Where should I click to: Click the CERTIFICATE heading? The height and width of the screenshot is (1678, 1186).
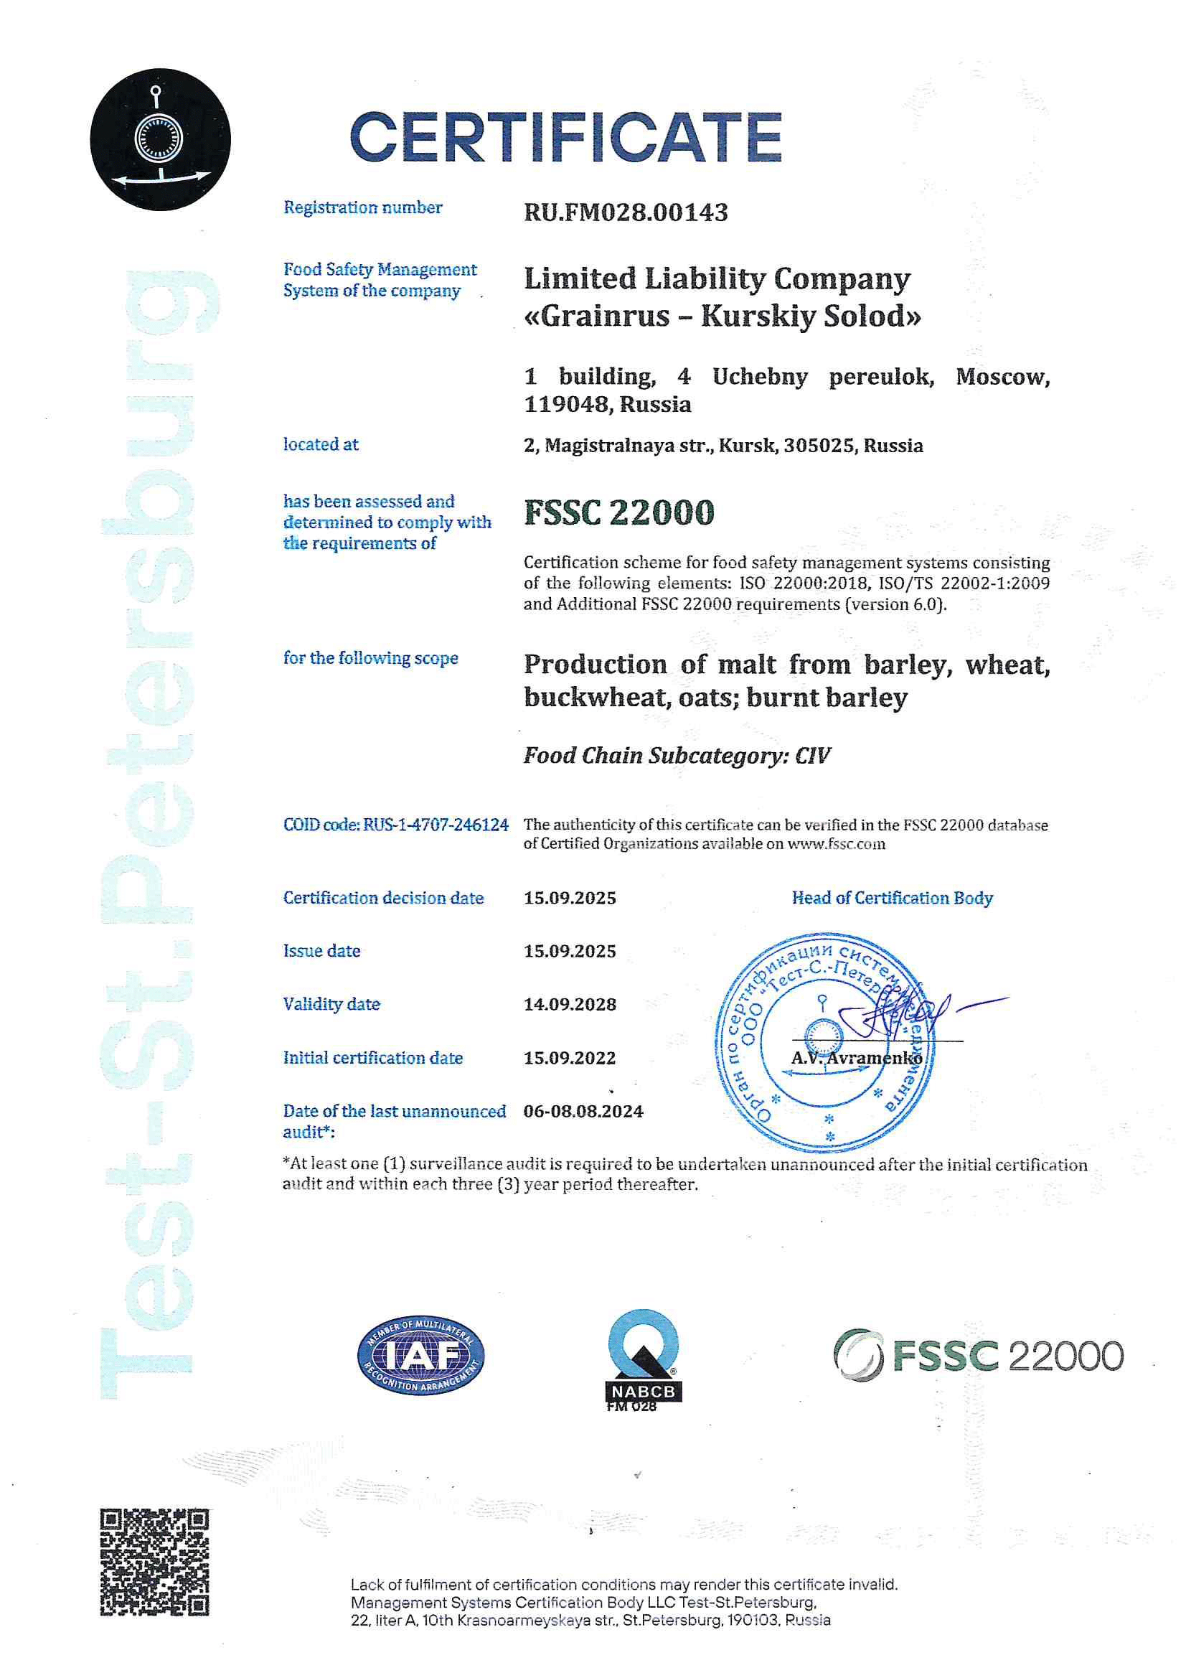565,136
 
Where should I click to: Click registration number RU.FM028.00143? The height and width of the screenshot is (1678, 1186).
626,212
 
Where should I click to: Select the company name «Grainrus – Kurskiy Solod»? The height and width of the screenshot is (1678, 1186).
723,317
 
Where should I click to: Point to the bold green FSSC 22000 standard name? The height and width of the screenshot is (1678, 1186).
619,512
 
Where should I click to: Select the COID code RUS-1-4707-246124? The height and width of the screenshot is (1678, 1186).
436,825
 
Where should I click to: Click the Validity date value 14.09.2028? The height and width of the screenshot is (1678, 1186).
569,1004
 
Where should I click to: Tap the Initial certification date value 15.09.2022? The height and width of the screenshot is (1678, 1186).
569,1057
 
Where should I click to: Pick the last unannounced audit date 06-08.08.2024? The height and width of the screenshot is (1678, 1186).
583,1111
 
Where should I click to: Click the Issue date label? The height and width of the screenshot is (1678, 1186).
321,951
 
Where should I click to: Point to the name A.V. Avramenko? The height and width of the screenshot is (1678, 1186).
856,1057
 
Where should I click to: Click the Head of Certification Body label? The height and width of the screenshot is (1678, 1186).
892,897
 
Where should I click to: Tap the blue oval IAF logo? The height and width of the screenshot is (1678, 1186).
420,1356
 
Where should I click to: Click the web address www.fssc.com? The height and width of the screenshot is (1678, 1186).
836,844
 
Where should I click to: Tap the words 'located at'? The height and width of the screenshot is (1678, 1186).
321,444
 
